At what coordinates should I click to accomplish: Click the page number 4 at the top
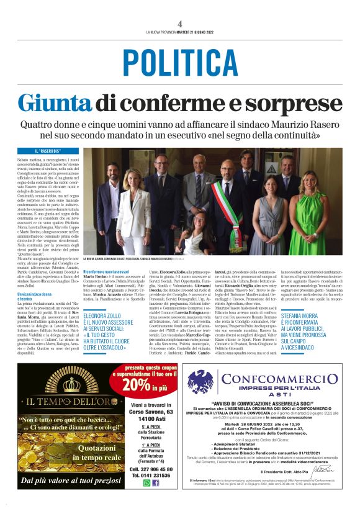[179, 24]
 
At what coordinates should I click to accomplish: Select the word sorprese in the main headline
[297, 102]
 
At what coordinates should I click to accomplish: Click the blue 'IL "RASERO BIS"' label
[49, 151]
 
